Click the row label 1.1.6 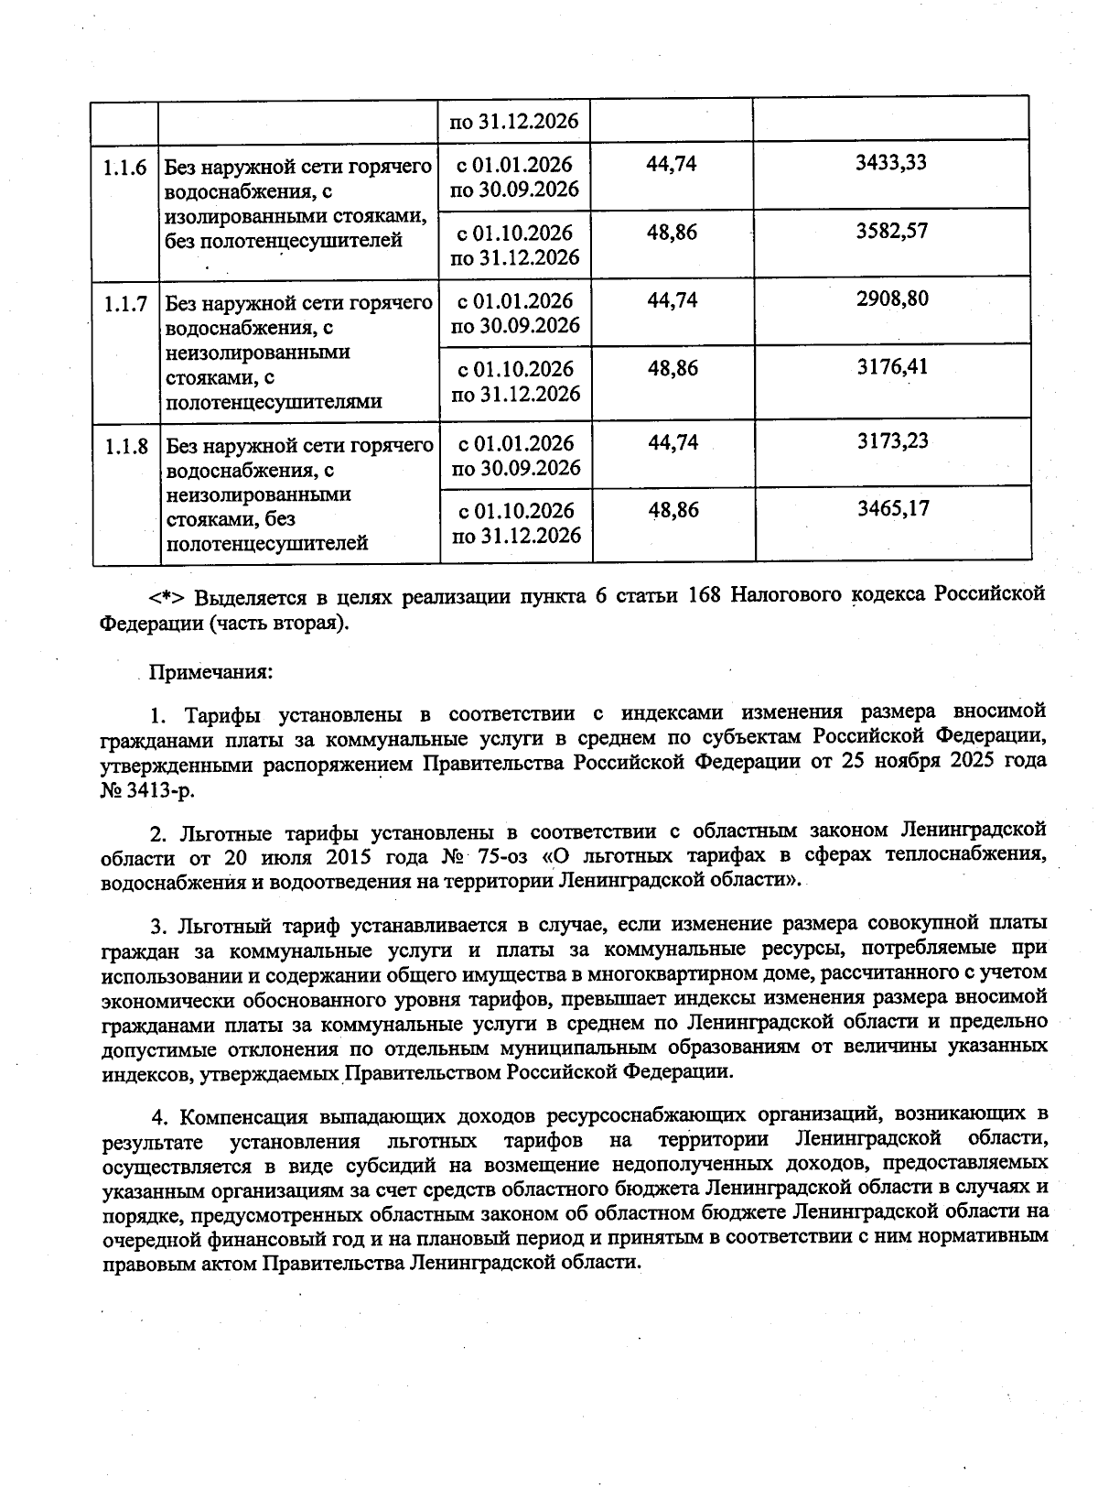[125, 167]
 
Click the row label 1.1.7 [125, 303]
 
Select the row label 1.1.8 [125, 446]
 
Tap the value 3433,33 [891, 162]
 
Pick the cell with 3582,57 [891, 231]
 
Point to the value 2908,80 [891, 299]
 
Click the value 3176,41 [891, 367]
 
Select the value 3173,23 [891, 440]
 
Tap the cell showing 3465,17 [891, 508]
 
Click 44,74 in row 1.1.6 [673, 164]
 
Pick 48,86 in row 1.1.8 [673, 510]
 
